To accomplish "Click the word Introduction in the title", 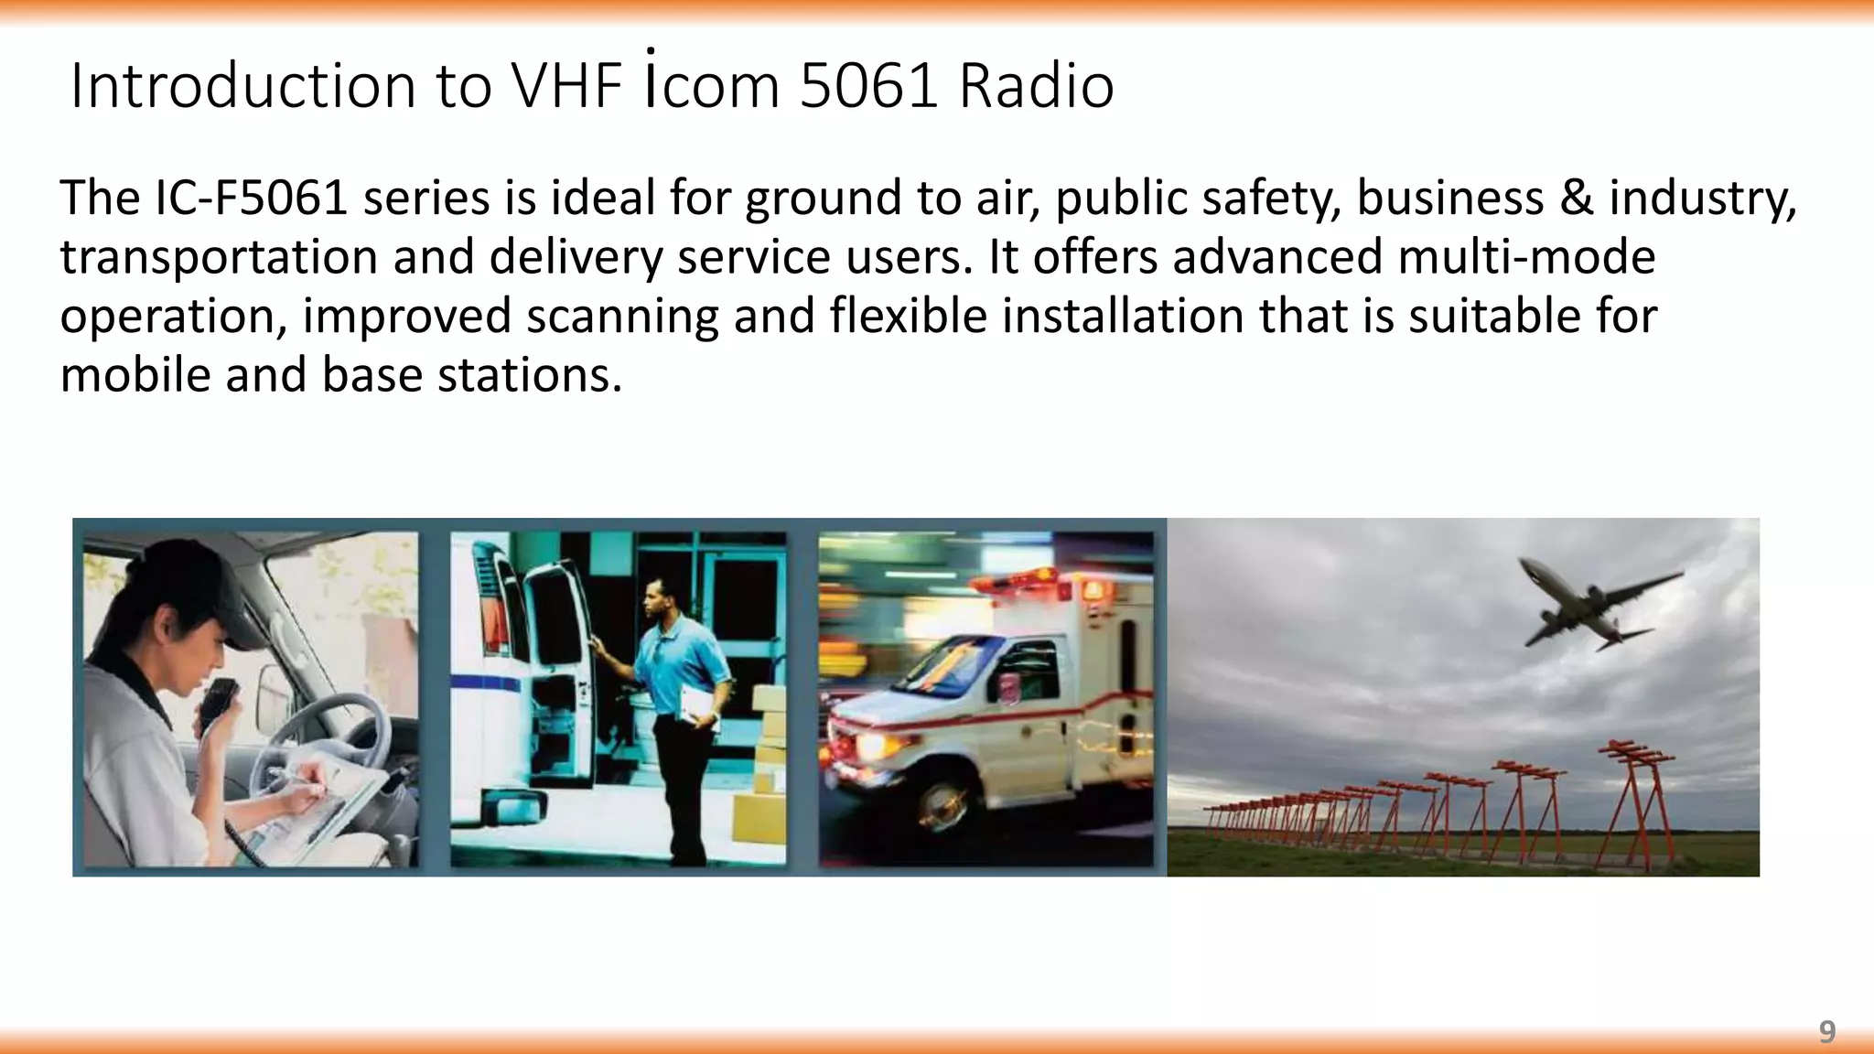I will pyautogui.click(x=243, y=86).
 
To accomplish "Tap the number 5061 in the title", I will pyautogui.click(x=868, y=86).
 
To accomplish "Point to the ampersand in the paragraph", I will pyautogui.click(x=1577, y=198).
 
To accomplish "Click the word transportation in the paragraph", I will pyautogui.click(x=219, y=257).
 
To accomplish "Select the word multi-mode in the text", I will pyautogui.click(x=1526, y=257).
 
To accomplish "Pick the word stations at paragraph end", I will pyautogui.click(x=529, y=375).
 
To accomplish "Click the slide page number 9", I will pyautogui.click(x=1826, y=1032).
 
